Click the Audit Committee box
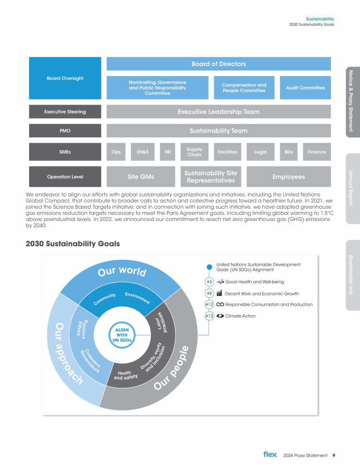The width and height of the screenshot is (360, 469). [305, 88]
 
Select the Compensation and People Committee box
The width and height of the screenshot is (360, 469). [244, 88]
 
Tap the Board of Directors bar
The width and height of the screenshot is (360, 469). [218, 64]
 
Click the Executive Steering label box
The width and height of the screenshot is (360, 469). [65, 112]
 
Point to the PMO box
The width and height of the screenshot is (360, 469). [65, 131]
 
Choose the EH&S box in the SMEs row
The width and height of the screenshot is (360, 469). [142, 152]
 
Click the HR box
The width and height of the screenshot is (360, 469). [167, 152]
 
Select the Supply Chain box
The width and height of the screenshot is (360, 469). [194, 152]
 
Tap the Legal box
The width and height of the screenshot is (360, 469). [260, 152]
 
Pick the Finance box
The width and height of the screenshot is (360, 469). [317, 152]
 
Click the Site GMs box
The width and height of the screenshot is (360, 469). [141, 177]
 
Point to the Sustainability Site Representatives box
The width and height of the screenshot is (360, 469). [211, 177]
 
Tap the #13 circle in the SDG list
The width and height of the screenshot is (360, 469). [209, 316]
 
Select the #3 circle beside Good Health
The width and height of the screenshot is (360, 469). [209, 282]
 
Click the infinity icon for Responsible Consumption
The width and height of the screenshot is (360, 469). [220, 304]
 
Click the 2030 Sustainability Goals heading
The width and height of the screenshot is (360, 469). [73, 244]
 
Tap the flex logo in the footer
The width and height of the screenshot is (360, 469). [270, 454]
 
